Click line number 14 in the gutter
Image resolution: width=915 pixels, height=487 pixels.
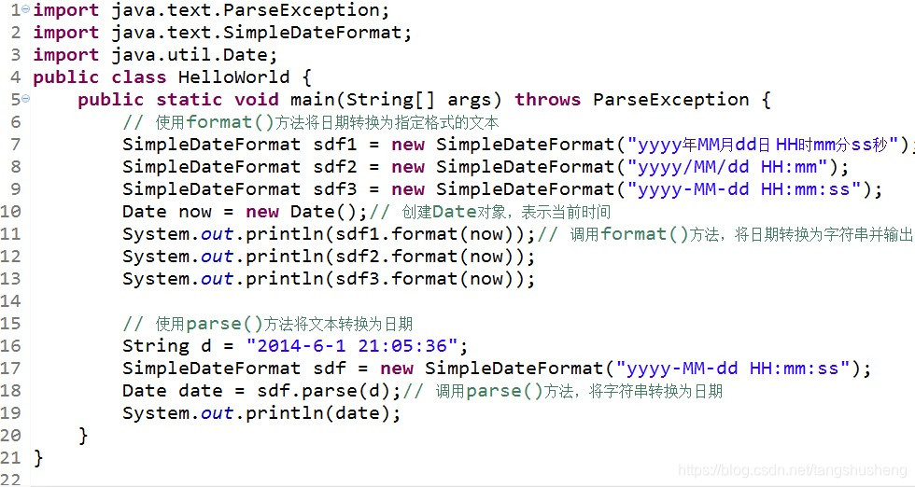pos(11,301)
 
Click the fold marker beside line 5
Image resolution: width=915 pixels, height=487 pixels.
pos(25,99)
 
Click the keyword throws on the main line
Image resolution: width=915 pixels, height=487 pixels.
pos(547,100)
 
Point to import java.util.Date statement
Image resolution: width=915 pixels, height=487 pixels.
pos(155,55)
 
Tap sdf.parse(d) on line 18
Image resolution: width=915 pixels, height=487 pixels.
pos(329,391)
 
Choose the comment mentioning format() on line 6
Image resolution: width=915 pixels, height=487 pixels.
pos(311,122)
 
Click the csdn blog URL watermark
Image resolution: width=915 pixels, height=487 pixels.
pos(792,471)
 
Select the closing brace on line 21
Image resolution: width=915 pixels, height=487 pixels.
pos(38,458)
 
